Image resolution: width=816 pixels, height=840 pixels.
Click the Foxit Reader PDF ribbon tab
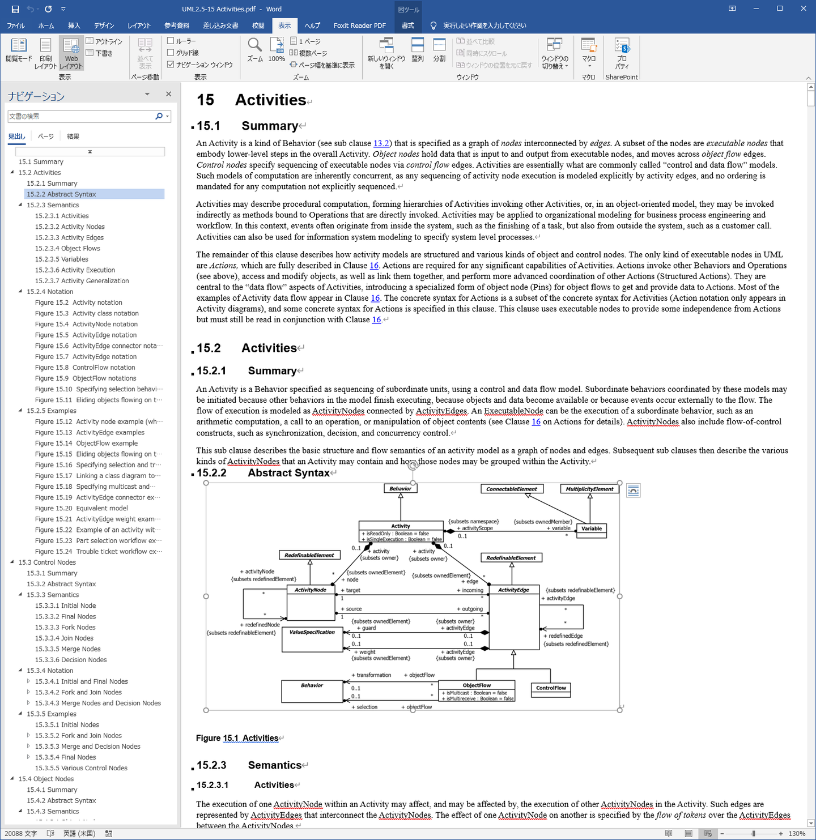tap(359, 25)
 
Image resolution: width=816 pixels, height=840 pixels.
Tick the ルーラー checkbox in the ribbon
tap(171, 41)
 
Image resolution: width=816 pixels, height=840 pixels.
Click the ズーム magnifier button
tap(254, 49)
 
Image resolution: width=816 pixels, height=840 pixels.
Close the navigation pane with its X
tap(168, 94)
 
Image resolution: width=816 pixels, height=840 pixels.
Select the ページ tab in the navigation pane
tap(45, 137)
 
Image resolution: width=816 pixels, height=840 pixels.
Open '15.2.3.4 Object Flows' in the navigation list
tap(67, 248)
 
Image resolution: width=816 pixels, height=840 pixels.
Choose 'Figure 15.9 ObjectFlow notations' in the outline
tap(86, 378)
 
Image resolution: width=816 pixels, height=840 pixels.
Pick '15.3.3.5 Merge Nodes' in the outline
tap(67, 649)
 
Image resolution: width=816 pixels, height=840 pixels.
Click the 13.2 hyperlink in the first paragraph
tap(381, 143)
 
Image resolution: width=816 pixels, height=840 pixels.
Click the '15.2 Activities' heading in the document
tap(269, 348)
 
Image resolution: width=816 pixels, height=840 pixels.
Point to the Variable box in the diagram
tap(592, 528)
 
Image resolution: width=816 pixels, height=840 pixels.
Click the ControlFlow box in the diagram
tap(551, 688)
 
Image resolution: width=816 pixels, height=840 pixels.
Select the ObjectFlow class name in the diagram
tap(477, 685)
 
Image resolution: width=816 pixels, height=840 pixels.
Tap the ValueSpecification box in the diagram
tap(312, 632)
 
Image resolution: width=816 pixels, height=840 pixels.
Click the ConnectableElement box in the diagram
tap(512, 489)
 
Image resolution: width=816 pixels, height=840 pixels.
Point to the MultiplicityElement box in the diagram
tap(589, 489)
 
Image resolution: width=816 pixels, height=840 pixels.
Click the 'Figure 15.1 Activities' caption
tap(237, 738)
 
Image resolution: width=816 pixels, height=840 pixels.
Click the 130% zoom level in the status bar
tap(797, 834)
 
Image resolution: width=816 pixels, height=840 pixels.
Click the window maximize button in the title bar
tap(780, 8)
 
